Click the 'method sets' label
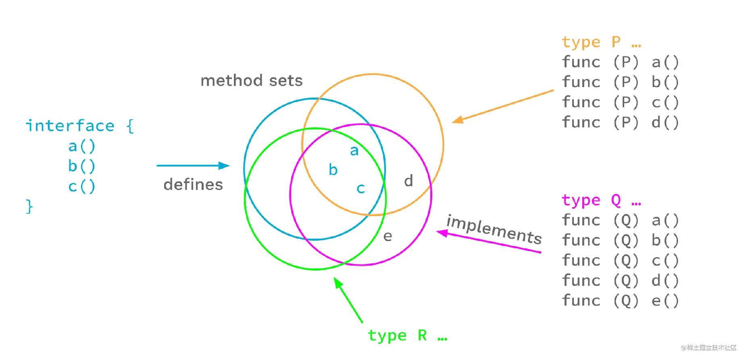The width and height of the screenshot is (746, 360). [251, 81]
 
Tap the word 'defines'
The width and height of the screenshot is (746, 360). [193, 185]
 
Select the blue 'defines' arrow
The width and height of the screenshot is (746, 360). [193, 165]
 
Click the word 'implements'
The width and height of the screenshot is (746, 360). [494, 229]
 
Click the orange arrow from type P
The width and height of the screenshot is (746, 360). [502, 106]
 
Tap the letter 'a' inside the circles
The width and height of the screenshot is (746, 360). [354, 151]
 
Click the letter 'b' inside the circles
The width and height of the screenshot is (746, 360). [333, 170]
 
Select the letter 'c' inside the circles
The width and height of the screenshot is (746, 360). [360, 188]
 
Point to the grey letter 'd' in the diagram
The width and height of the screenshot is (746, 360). [408, 181]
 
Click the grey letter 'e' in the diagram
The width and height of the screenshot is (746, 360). [388, 236]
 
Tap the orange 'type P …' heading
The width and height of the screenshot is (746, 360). [601, 42]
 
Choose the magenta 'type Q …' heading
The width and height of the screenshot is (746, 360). [601, 200]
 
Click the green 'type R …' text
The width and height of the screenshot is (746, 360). [407, 335]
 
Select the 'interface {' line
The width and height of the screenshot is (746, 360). [79, 126]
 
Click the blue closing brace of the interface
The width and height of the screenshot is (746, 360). [29, 206]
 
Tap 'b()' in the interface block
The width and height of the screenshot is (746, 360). [81, 166]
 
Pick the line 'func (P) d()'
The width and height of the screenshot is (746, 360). [621, 123]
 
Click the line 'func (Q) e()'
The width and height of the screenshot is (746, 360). [621, 301]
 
